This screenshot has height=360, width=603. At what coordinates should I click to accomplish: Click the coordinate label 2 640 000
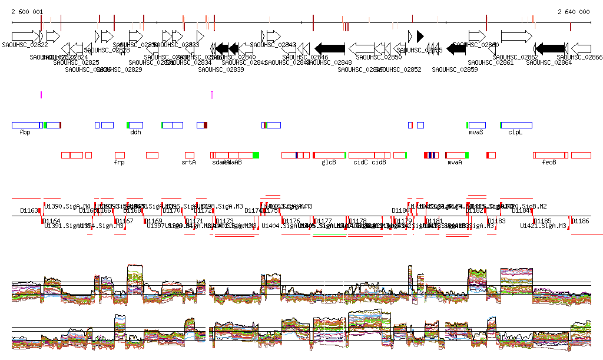tap(574, 12)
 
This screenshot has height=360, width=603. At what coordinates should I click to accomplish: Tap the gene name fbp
tap(25, 133)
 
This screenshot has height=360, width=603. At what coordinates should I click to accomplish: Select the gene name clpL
tap(515, 133)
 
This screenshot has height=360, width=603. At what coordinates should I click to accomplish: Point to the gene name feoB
tap(549, 162)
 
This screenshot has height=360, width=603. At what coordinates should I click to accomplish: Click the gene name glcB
tap(329, 162)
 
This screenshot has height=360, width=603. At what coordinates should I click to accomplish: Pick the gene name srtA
tap(189, 162)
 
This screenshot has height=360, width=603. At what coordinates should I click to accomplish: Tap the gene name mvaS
tap(476, 133)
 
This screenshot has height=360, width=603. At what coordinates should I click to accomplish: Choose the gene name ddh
tap(135, 133)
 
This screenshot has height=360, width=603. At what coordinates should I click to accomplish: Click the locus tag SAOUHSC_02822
tap(25, 45)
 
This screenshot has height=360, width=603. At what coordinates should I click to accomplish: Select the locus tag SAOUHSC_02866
tap(580, 57)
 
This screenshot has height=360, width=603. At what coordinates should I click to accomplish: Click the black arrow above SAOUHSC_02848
tap(330, 48)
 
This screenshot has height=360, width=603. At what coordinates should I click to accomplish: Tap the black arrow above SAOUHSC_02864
tap(550, 48)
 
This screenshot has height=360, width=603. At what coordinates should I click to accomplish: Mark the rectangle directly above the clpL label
tap(516, 125)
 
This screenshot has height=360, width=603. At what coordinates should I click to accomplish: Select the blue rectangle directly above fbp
tap(26, 125)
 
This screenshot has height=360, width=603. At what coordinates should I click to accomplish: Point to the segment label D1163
tap(29, 210)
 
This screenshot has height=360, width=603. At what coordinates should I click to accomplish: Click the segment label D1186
tap(581, 221)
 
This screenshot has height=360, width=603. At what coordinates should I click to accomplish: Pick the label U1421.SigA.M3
tap(550, 226)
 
